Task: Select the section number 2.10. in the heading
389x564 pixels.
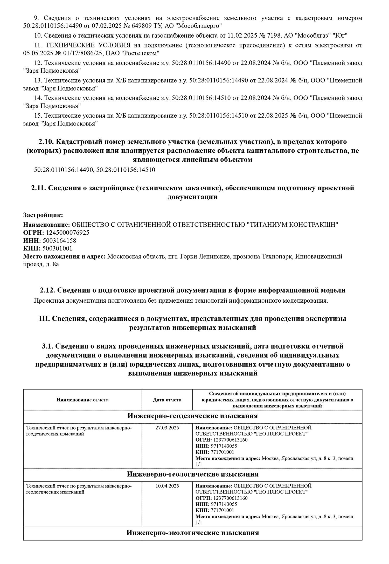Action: (x=47, y=142)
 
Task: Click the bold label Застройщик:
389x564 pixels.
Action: (x=43, y=215)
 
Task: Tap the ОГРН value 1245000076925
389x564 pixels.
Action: (x=68, y=232)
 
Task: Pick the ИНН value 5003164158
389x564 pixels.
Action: (x=59, y=240)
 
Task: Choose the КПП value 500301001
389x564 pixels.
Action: (x=57, y=248)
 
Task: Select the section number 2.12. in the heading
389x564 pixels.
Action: (x=47, y=290)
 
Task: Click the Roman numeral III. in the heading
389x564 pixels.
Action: (x=44, y=318)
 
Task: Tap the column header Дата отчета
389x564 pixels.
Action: (x=167, y=400)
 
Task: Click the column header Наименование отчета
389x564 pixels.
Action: (x=82, y=400)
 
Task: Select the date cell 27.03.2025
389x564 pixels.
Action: (x=167, y=428)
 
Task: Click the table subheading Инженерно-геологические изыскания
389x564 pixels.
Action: (x=192, y=474)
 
